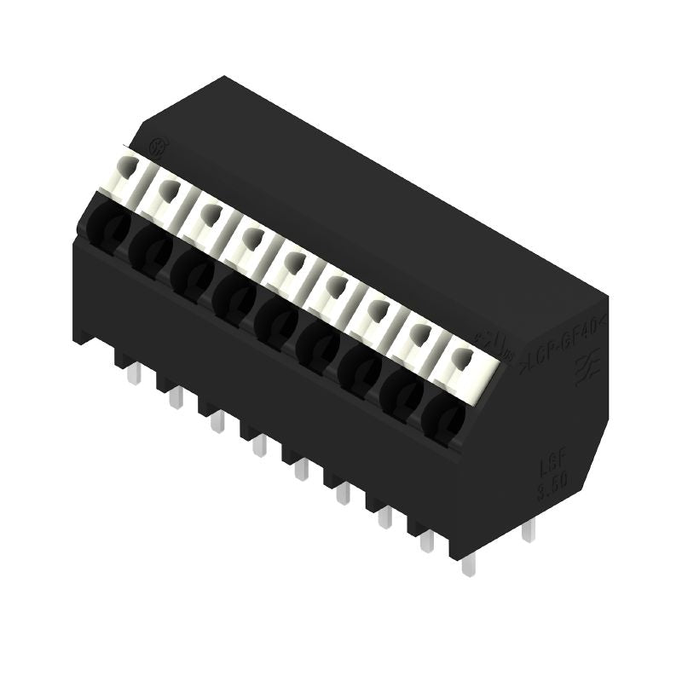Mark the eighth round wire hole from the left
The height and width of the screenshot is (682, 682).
tap(401, 395)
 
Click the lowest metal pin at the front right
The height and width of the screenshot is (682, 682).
tap(465, 563)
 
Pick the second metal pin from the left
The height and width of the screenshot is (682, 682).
tap(176, 397)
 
